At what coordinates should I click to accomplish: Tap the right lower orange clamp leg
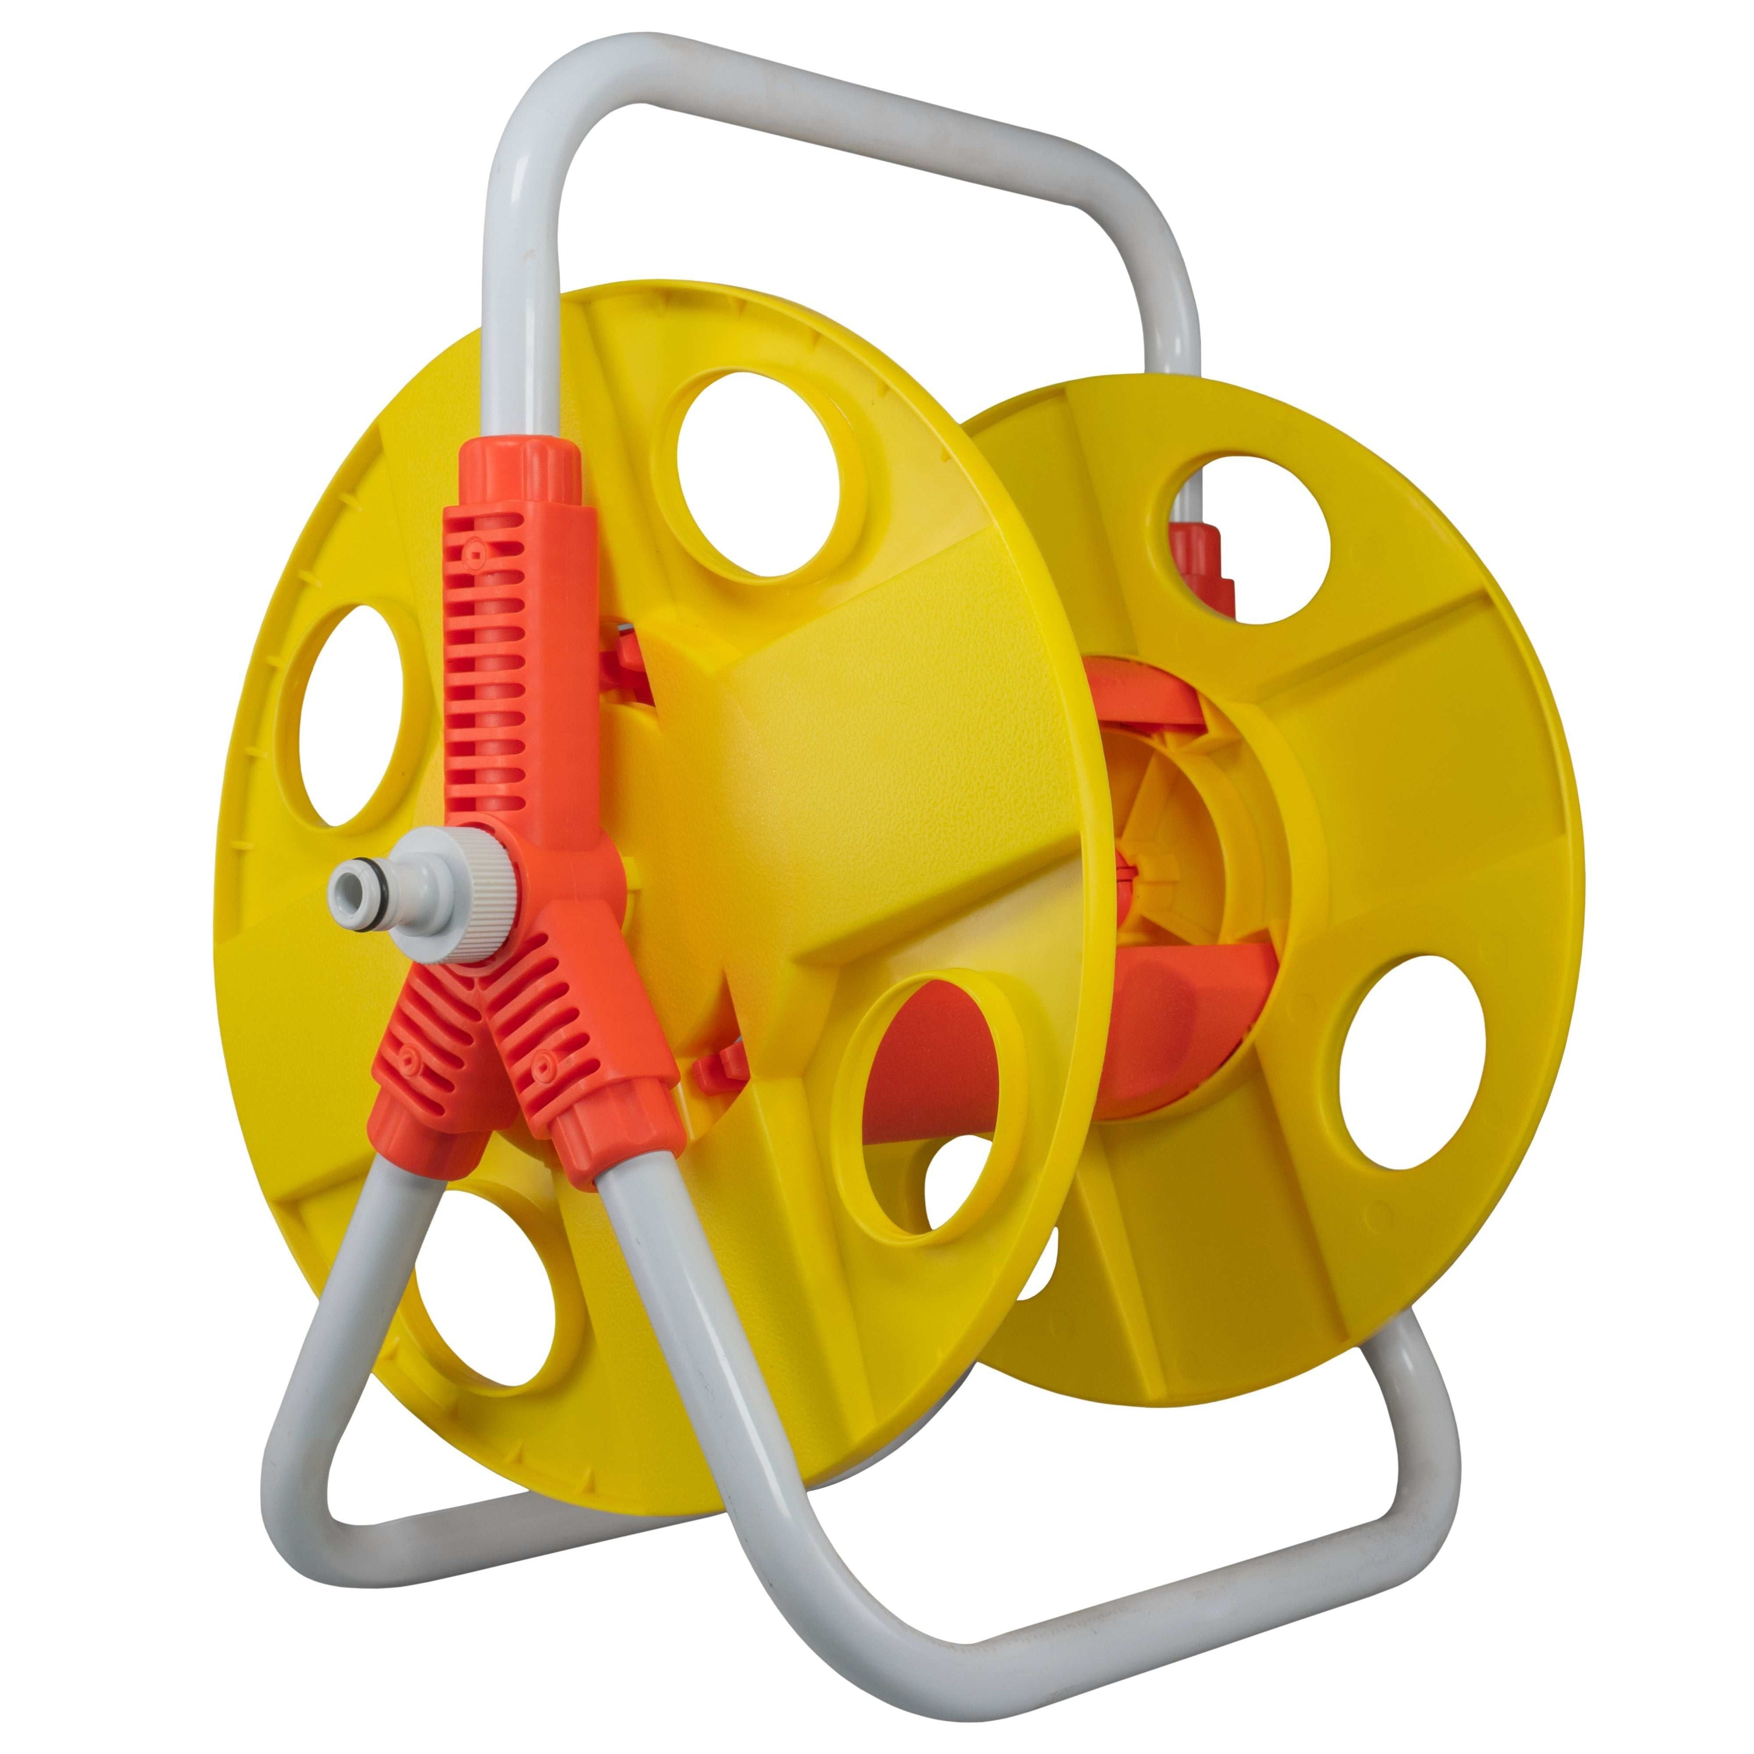pos(581,1071)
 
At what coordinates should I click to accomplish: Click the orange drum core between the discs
pos(1180,1026)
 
